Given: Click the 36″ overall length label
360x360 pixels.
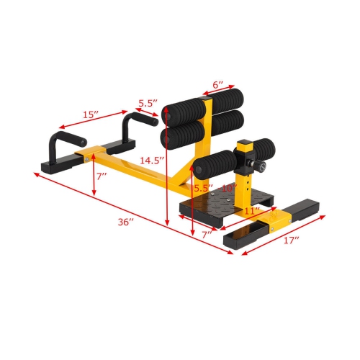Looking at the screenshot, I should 127,222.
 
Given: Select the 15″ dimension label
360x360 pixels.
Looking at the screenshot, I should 90,114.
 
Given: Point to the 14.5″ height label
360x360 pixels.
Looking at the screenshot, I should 153,160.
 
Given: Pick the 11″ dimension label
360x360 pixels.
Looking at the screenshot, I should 252,211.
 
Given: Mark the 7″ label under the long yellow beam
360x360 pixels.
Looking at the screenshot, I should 104,176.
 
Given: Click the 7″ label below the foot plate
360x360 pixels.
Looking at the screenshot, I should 207,235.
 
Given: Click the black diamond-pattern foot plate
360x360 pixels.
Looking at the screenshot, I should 216,201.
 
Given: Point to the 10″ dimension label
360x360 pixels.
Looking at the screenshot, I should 229,189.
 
